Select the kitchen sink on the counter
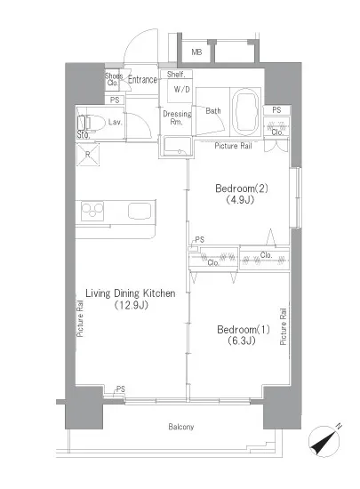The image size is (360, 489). tap(140, 211)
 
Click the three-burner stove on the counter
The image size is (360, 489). tap(92, 211)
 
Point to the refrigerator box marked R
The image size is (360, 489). tap(88, 155)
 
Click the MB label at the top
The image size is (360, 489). tap(196, 52)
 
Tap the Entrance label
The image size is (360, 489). tap(142, 80)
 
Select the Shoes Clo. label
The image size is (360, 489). tap(114, 79)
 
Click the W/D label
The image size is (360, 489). tap(181, 90)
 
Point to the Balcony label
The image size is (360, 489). tap(181, 427)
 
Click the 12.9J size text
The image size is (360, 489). tap(131, 305)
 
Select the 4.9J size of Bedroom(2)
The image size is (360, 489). tap(240, 199)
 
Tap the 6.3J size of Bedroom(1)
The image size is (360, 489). tap(242, 341)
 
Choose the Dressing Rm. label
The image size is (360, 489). tap(177, 117)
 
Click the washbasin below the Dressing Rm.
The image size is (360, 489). tap(177, 146)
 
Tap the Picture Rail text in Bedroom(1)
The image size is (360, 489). tap(283, 326)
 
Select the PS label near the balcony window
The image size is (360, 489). tap(121, 389)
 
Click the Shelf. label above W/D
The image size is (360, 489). tap(176, 74)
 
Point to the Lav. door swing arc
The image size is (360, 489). tap(143, 123)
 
